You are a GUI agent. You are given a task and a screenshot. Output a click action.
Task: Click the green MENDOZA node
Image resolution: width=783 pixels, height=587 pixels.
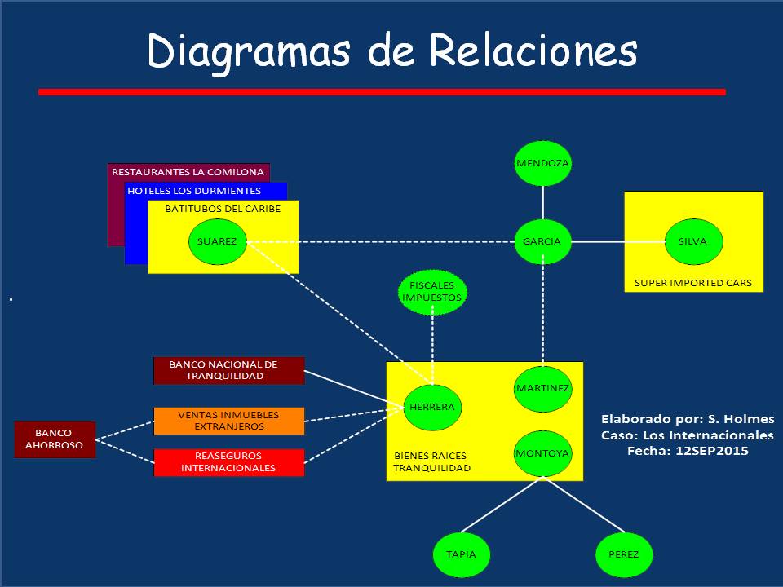click(542, 163)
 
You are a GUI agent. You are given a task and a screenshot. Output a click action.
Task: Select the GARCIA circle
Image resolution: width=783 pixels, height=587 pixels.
click(542, 241)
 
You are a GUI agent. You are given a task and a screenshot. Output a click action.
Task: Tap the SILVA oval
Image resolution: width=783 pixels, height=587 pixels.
click(692, 241)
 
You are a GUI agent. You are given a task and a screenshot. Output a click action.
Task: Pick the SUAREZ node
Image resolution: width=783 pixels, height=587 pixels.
click(217, 241)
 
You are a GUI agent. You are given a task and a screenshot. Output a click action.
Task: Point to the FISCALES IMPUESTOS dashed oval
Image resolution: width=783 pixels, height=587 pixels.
click(432, 292)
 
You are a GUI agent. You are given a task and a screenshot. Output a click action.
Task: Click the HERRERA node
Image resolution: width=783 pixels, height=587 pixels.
click(432, 407)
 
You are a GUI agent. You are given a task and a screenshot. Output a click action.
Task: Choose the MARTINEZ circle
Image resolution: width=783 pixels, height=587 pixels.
click(542, 388)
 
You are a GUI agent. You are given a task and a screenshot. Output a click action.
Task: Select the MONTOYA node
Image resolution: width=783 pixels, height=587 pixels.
click(542, 452)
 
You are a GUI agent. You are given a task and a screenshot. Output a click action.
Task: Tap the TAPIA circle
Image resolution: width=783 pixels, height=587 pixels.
click(461, 554)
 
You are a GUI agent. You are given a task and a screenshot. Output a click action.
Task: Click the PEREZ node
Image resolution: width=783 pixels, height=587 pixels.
click(624, 554)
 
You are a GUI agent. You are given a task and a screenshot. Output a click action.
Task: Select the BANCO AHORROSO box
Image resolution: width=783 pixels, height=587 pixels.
click(55, 439)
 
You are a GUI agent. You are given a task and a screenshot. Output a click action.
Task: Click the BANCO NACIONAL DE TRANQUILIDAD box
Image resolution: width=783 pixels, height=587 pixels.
click(228, 370)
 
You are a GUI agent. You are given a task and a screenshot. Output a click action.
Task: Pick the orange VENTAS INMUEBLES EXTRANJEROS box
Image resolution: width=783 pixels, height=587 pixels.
click(228, 421)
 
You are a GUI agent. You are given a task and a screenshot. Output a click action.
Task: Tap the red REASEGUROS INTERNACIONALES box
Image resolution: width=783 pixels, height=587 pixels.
click(228, 462)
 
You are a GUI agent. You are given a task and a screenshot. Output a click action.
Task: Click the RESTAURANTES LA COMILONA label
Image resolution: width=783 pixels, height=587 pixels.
click(188, 172)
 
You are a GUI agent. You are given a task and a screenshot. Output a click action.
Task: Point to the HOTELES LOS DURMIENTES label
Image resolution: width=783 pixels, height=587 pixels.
click(194, 191)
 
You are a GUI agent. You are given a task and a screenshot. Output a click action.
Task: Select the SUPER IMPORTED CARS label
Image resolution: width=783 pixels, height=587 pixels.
click(692, 284)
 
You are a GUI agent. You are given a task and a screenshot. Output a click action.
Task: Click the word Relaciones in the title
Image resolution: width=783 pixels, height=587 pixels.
click(533, 51)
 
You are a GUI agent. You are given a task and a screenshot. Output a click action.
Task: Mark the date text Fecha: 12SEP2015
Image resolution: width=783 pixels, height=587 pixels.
click(687, 450)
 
